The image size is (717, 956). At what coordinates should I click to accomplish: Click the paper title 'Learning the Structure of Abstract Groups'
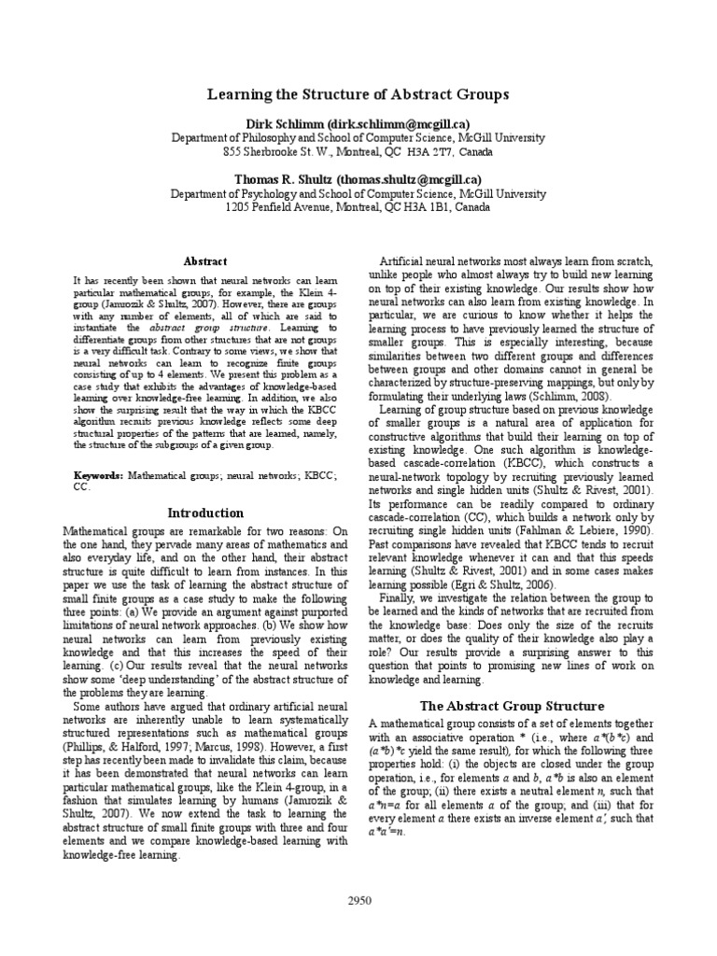358,95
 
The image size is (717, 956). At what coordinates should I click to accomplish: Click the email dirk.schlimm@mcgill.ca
400,123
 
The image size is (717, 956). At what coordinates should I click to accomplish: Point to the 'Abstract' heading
204,262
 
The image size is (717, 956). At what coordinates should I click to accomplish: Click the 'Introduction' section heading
204,513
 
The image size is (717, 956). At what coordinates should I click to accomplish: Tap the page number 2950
358,901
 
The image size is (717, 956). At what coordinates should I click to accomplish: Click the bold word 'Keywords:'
98,476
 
